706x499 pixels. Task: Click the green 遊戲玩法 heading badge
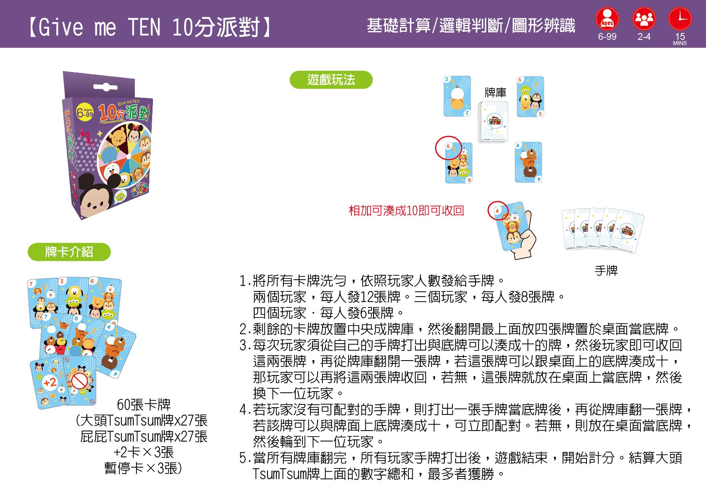tap(331, 80)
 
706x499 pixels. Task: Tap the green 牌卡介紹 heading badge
tap(69, 252)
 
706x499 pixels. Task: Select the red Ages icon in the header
tap(607, 19)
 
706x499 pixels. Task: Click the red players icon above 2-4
tap(644, 19)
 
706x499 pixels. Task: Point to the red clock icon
tap(680, 19)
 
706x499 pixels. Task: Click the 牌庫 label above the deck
tap(495, 93)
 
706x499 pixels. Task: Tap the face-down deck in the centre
tap(493, 122)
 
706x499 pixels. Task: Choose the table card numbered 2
tap(457, 96)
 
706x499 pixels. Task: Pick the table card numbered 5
tap(531, 97)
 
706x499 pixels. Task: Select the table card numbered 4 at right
tap(528, 162)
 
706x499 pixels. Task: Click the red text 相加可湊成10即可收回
tap(407, 210)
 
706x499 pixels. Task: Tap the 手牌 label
tap(606, 270)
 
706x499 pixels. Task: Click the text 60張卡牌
tap(144, 404)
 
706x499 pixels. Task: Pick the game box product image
tap(108, 145)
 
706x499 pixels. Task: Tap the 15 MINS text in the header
tap(680, 39)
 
